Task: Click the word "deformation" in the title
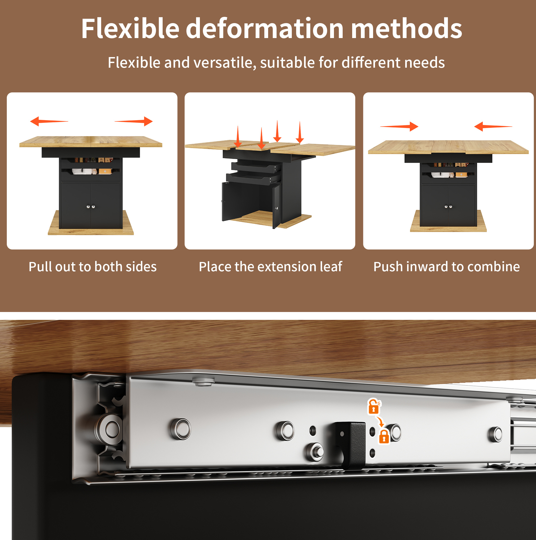[x=265, y=28]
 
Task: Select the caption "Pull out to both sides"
[x=93, y=267]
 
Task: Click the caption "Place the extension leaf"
[x=270, y=267]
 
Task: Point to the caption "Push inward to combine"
[x=447, y=267]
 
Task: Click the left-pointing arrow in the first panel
[x=49, y=121]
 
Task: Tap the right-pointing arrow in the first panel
[x=134, y=121]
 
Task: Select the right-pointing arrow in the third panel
[x=399, y=126]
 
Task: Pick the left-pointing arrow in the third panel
[x=493, y=126]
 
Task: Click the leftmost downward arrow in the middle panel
[x=238, y=136]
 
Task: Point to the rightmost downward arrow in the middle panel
[x=300, y=132]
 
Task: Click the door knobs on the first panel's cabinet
[x=91, y=207]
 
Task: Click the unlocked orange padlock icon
[x=374, y=406]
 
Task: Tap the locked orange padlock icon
[x=384, y=436]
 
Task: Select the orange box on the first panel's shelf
[x=105, y=171]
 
